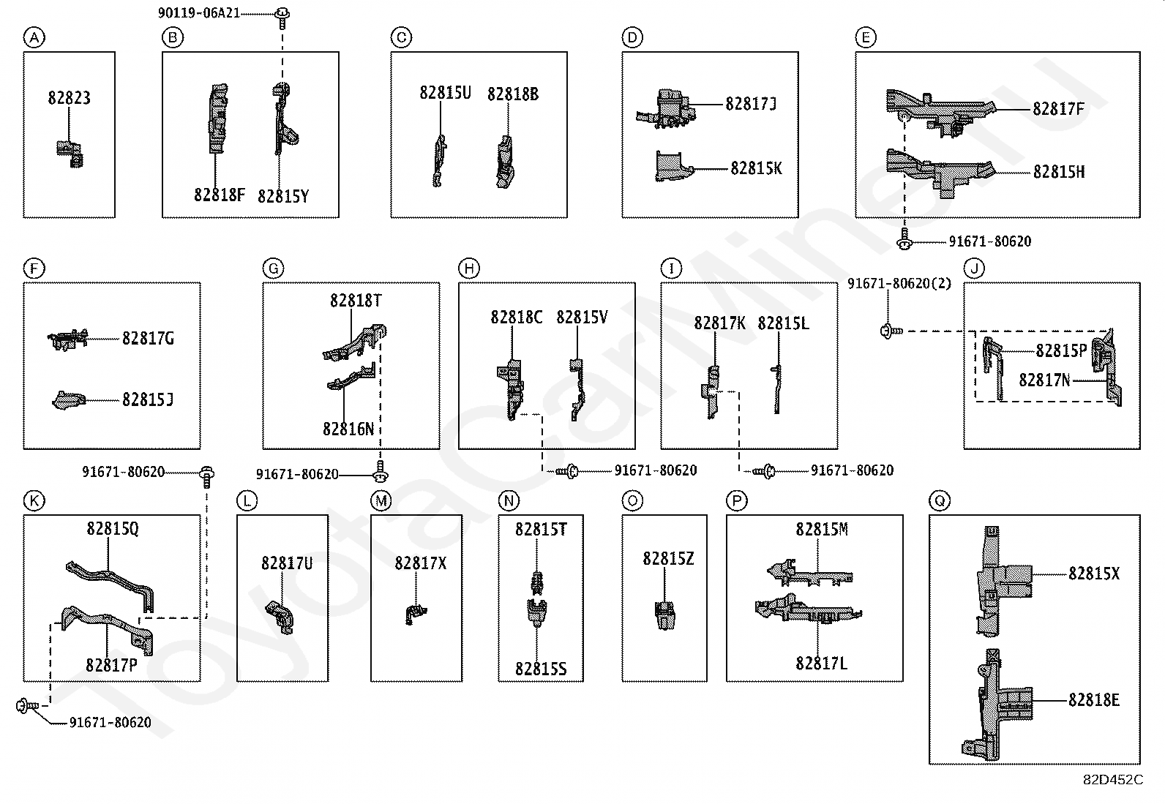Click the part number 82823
click(x=70, y=98)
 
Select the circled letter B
click(x=172, y=37)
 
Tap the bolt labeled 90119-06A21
click(x=282, y=14)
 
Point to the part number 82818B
click(x=513, y=94)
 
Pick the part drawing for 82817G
click(x=68, y=338)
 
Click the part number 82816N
click(x=348, y=429)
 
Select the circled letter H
click(x=468, y=269)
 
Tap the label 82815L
click(x=783, y=323)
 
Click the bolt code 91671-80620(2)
click(x=899, y=284)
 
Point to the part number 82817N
click(x=1044, y=380)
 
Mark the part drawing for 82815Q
click(x=110, y=578)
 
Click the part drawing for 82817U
click(x=280, y=615)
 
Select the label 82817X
click(x=420, y=563)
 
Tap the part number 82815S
click(x=540, y=669)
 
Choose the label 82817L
click(x=821, y=664)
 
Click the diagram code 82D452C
click(x=1112, y=780)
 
